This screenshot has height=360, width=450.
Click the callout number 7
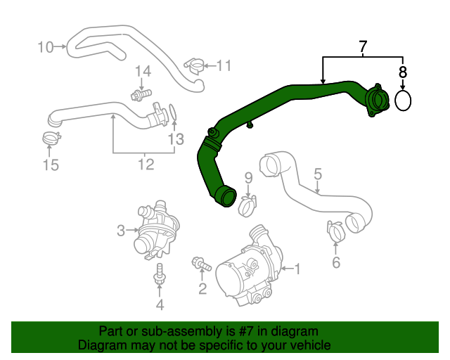[362, 48]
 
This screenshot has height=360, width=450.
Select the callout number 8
[403, 72]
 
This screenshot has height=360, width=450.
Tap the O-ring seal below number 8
[403, 101]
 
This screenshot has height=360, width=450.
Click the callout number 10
[45, 47]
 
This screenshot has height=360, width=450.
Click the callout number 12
[146, 165]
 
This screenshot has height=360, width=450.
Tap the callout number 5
[318, 173]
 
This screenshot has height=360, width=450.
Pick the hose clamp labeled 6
[335, 229]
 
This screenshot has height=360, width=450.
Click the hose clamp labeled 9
[247, 205]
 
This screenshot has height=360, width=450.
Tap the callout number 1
[297, 268]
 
